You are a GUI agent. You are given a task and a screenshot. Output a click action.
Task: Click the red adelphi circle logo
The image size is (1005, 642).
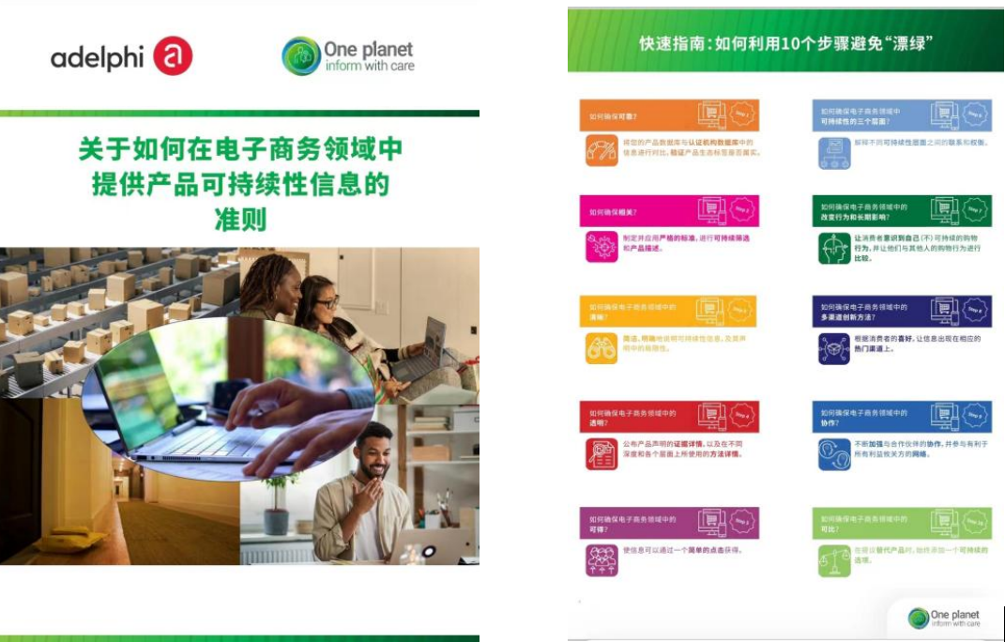(172, 56)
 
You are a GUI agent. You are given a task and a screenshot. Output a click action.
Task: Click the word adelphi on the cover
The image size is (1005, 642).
(97, 57)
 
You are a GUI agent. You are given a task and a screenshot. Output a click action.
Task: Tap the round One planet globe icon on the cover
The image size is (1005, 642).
(301, 56)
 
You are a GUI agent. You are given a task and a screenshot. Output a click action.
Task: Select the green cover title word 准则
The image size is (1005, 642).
(239, 220)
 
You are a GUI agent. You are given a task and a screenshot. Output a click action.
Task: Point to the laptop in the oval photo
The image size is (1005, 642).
(178, 413)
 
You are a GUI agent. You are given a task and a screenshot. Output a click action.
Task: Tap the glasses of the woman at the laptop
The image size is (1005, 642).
(327, 304)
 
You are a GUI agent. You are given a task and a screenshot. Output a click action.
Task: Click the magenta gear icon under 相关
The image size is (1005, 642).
(601, 247)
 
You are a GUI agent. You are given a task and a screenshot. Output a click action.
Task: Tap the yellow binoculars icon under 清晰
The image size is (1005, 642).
(601, 347)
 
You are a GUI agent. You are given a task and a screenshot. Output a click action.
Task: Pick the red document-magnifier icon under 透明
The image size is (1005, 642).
(601, 454)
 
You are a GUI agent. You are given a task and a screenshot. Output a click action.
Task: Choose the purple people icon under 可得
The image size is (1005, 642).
(601, 559)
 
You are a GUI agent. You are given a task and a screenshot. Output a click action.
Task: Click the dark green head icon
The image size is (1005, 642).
(833, 249)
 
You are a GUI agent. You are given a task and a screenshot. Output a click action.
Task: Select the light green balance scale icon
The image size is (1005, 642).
(833, 559)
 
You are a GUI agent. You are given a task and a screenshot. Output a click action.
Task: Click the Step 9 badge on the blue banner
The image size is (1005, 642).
(975, 414)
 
